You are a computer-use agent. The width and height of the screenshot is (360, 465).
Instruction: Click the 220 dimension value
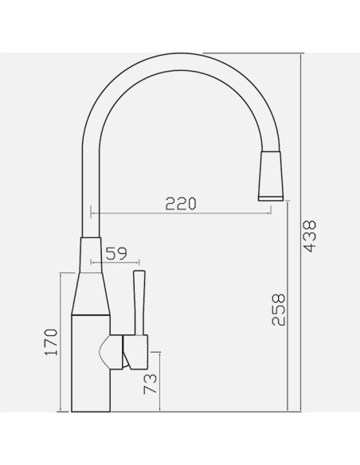click(181, 204)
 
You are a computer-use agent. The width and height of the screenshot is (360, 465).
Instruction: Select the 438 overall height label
click(311, 236)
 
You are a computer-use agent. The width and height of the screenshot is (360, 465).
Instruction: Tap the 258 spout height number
click(279, 310)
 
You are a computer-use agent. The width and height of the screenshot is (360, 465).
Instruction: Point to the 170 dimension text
click(51, 342)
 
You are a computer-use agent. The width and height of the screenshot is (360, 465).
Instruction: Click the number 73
click(150, 384)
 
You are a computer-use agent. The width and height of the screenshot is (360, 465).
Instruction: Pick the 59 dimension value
click(116, 253)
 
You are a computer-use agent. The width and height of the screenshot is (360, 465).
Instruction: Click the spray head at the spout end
click(271, 176)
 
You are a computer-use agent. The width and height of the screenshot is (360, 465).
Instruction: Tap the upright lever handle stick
click(139, 303)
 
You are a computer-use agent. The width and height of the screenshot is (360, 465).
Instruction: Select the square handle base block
click(135, 352)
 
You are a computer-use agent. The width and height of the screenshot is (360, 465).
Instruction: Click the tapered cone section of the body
click(91, 293)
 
